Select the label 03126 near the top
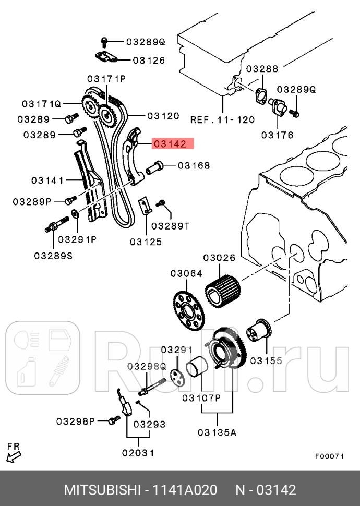pos(149,60)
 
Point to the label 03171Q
pos(41,103)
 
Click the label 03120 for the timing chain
pos(163,116)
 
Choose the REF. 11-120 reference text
pos(222,119)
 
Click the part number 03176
pos(277,135)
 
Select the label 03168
pos(194,166)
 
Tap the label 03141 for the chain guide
pos(47,180)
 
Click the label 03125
pos(146,242)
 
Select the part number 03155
pos(266,360)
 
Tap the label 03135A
pos(217,432)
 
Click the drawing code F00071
pos(329,456)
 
